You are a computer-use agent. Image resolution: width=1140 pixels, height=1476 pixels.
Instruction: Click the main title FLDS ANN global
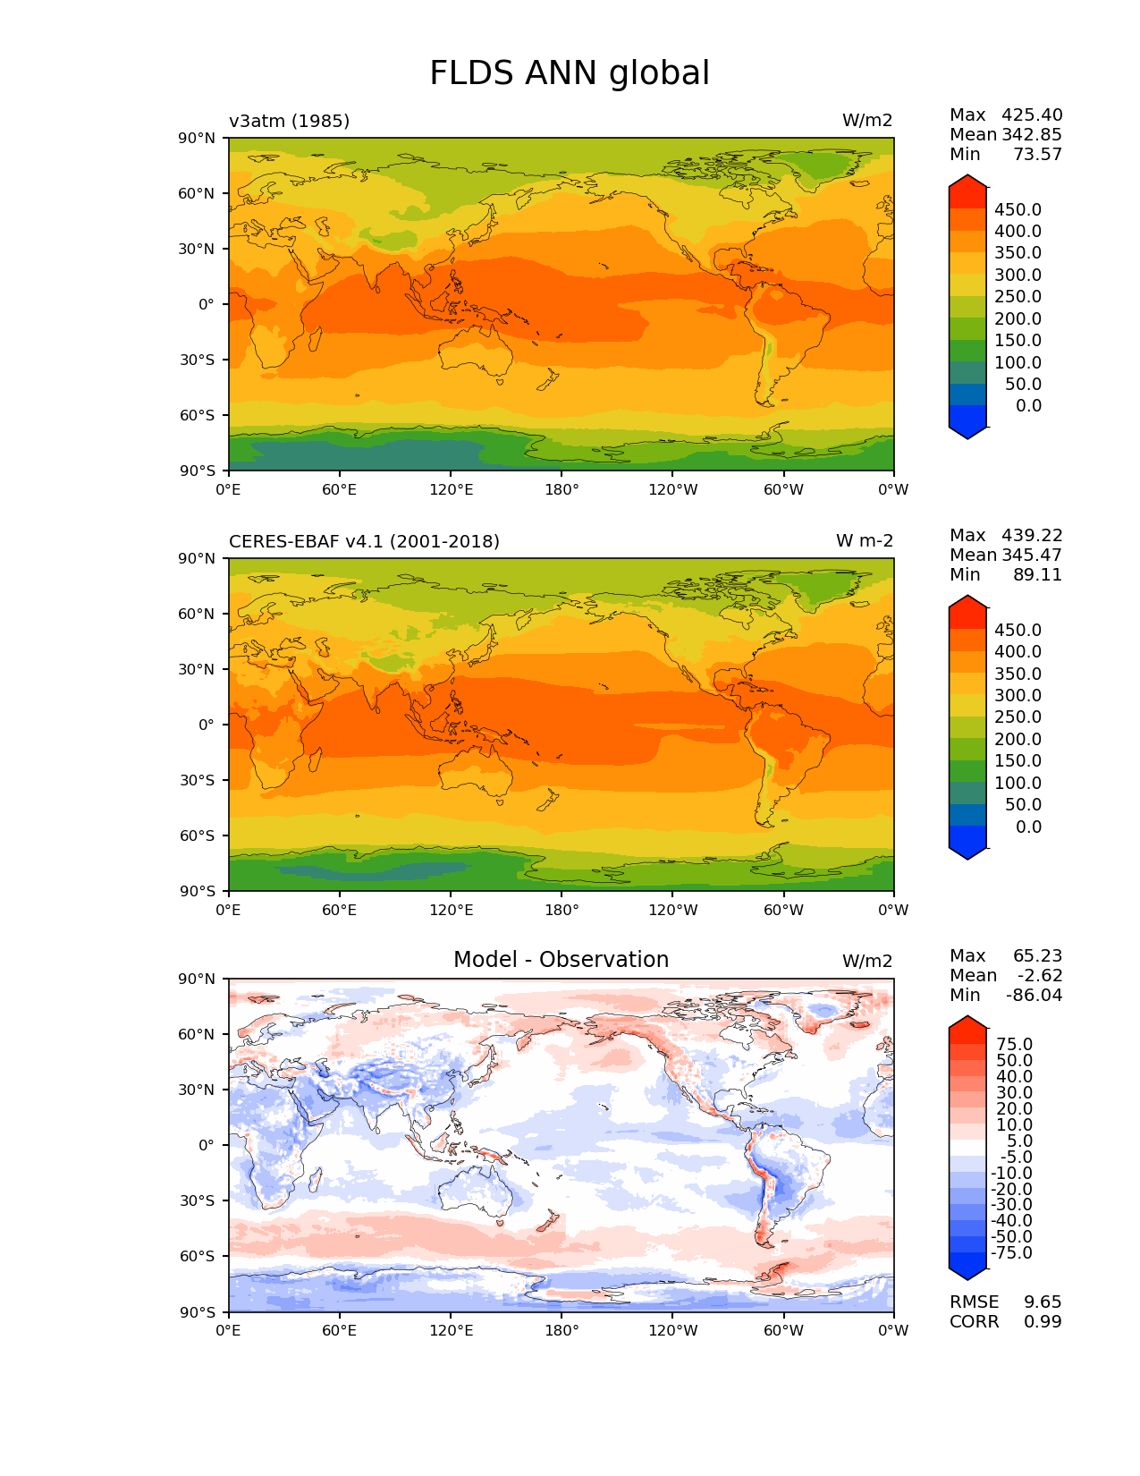570,73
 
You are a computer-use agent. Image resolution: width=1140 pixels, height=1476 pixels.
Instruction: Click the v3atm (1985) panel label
289,121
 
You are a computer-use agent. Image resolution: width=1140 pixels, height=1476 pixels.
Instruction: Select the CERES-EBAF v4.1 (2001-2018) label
364,541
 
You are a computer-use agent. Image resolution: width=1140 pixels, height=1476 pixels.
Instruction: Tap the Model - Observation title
561,960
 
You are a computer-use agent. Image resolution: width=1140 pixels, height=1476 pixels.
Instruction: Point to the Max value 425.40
1032,115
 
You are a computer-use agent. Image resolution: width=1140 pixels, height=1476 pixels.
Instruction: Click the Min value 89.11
1037,575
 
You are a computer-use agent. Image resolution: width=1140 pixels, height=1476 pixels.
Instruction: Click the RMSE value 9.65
1043,1302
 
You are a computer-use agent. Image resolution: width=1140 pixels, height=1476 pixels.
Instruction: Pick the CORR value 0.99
1043,1322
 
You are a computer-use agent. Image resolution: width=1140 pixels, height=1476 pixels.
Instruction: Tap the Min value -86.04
1034,996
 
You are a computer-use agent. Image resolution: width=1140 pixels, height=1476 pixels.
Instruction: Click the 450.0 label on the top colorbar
1018,210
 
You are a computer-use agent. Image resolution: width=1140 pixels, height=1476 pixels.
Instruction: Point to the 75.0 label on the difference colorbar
1014,1045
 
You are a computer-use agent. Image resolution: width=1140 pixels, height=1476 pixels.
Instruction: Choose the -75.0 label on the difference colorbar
1011,1253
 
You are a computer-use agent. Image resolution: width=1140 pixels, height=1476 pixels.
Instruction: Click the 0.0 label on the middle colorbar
1028,827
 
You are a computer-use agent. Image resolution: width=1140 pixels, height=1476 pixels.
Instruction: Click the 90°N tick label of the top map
197,138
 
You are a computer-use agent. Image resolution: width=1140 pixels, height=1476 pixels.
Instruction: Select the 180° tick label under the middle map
562,911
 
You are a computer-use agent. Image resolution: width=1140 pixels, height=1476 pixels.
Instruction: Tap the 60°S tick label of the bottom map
198,1256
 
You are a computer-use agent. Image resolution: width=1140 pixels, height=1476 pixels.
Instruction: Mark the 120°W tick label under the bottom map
672,1331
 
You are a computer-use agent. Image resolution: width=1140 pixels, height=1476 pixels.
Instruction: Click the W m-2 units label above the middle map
865,541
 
